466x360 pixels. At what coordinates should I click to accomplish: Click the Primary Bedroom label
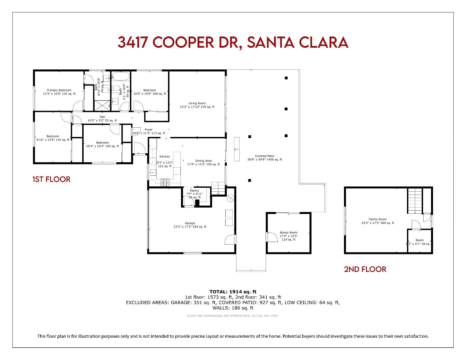click(x=59, y=90)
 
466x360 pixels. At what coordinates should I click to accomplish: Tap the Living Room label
click(x=197, y=103)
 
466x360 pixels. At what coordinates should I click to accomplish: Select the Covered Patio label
click(x=264, y=156)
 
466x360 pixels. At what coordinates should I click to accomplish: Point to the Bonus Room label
click(x=288, y=232)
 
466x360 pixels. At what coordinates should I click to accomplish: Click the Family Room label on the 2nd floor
click(x=377, y=219)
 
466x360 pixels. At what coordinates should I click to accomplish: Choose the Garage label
click(x=190, y=223)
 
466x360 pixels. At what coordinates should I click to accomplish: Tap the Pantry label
click(x=194, y=191)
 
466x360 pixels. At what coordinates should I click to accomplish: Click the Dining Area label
click(x=203, y=161)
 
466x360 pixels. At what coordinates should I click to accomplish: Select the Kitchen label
click(x=164, y=156)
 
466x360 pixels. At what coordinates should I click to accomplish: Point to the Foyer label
click(x=148, y=130)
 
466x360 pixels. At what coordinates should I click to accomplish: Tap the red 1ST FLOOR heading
click(x=51, y=179)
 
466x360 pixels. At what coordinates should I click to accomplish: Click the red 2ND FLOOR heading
click(x=365, y=269)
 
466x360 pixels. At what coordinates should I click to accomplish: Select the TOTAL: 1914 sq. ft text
click(x=233, y=292)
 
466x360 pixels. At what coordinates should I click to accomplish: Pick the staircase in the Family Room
click(x=415, y=200)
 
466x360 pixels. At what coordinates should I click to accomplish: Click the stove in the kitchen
click(x=165, y=182)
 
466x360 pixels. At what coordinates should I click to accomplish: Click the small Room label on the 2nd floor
click(x=419, y=240)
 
